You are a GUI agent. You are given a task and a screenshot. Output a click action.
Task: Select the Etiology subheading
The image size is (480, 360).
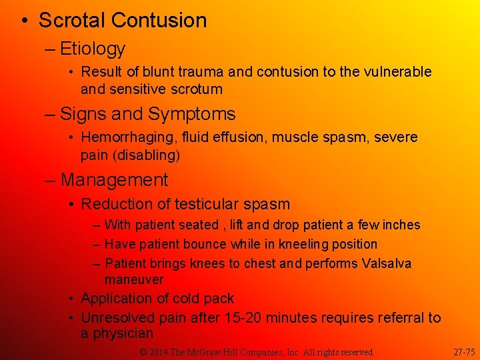point(92,49)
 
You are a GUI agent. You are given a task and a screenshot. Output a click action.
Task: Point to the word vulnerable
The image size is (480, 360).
point(397,72)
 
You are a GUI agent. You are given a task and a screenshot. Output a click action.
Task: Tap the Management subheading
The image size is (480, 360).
point(113,180)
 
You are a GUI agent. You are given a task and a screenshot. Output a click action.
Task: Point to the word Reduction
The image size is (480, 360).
point(117,204)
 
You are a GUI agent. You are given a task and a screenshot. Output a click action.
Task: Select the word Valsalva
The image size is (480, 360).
point(387,263)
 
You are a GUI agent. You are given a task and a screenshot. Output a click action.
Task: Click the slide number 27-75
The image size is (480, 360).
point(464,351)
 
